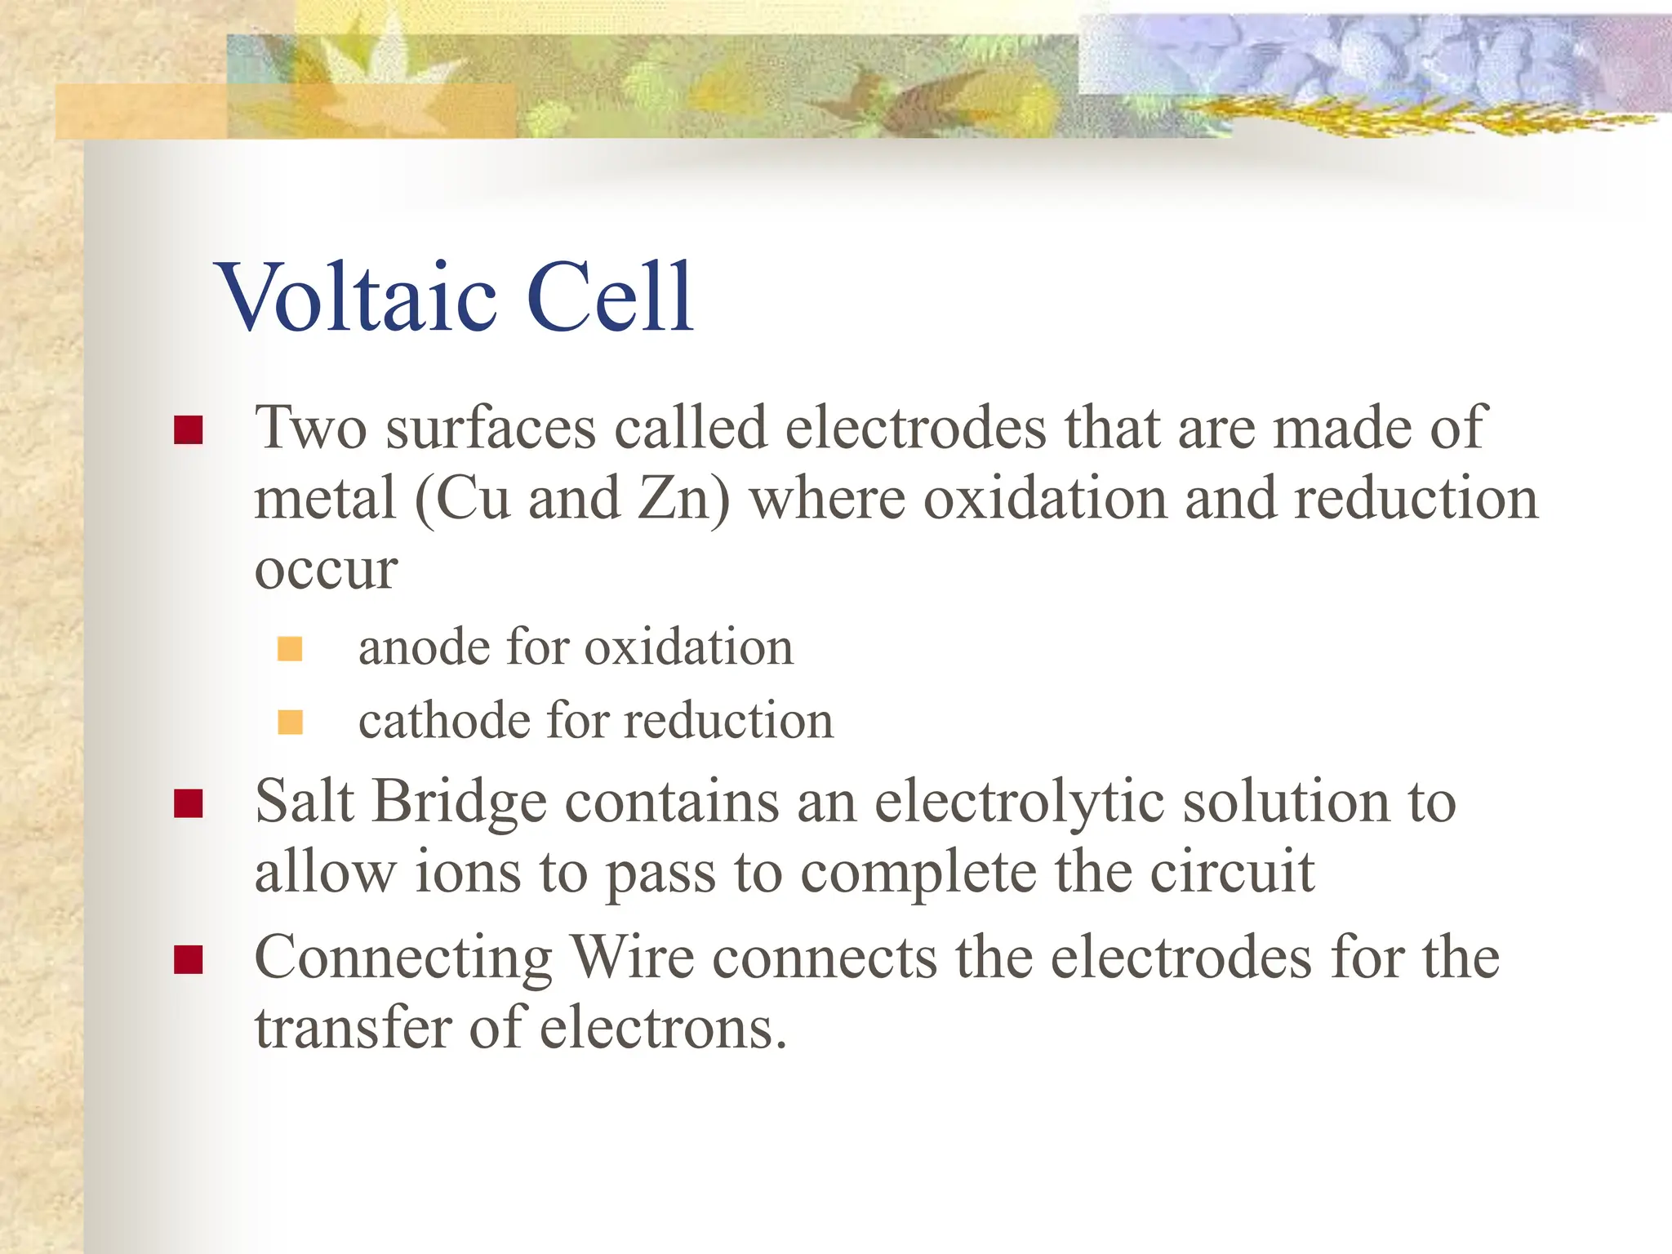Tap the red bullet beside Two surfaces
click(189, 429)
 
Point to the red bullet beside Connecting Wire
click(189, 959)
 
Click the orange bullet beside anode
click(290, 649)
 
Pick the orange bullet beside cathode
click(290, 723)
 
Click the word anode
click(423, 648)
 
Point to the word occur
click(326, 571)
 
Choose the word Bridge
click(460, 803)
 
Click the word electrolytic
click(1020, 803)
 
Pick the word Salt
click(304, 802)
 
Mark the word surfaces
click(491, 429)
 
